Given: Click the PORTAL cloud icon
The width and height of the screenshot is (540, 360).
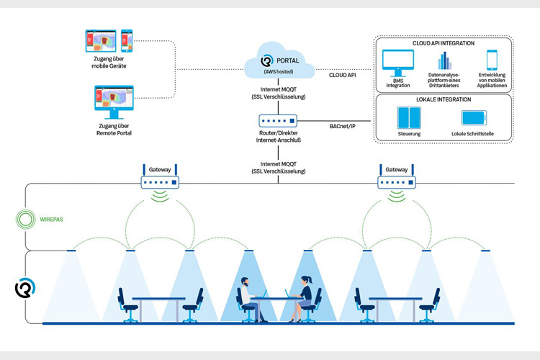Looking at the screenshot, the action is (279, 60).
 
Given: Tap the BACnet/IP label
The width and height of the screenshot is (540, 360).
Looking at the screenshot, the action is (342, 127).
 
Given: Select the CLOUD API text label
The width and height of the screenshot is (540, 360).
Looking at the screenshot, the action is (342, 75).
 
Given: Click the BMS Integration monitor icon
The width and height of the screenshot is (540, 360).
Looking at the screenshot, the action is (398, 63).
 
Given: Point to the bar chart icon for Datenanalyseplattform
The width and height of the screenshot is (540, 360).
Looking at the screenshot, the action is (445, 60).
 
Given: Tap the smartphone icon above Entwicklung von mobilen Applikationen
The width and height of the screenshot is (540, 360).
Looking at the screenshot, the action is (492, 60).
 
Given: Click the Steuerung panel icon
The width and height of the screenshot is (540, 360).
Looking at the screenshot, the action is (409, 118).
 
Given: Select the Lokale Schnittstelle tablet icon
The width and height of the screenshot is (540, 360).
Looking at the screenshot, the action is (474, 118).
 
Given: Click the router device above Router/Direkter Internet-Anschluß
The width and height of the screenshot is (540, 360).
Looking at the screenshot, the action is (278, 121).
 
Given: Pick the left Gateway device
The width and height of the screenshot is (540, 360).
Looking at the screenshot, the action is (160, 179).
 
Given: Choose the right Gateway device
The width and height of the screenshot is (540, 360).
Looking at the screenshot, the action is (397, 179).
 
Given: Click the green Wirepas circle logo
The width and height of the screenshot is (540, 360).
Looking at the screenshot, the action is (25, 220).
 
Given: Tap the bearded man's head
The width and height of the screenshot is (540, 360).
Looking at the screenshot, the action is (245, 282).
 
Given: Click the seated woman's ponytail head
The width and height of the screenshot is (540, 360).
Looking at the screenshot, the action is (306, 280).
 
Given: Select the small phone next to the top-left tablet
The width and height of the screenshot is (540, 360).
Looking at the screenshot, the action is (127, 41).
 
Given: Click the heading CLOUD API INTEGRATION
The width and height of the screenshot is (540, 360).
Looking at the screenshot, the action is (444, 43).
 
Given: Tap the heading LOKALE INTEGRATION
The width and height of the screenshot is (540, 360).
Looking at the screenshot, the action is (444, 99).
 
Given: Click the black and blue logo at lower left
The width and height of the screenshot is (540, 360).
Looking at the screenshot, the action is (25, 288).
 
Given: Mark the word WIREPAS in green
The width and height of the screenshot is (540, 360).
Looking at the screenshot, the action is (52, 220).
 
